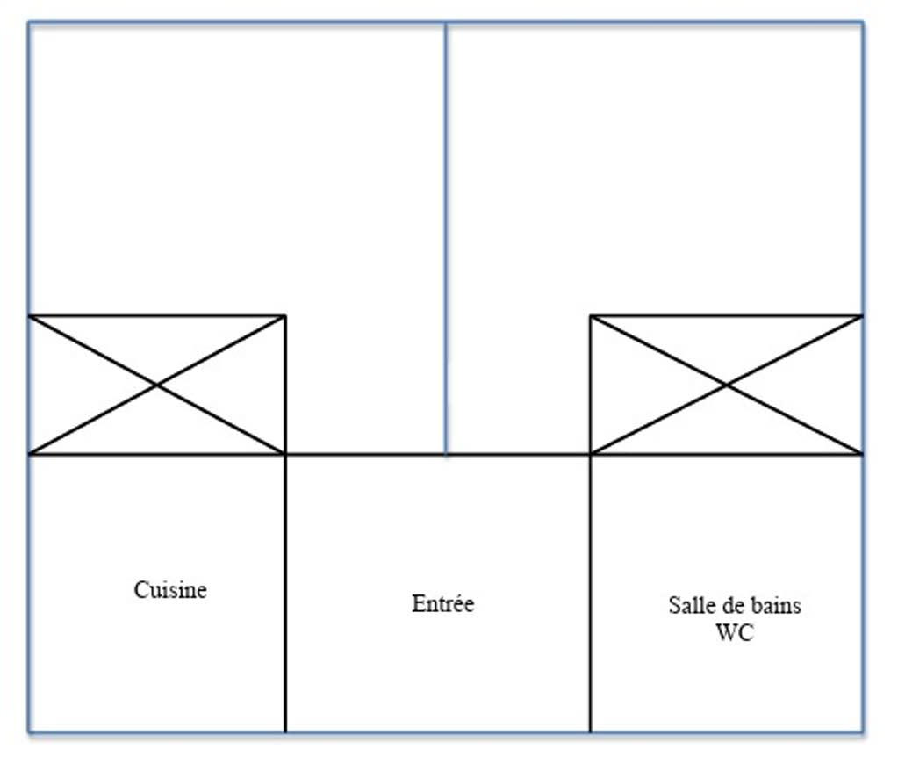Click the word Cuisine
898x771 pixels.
tap(170, 589)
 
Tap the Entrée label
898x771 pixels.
tap(442, 604)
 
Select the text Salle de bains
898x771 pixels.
tap(734, 605)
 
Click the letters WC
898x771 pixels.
tap(734, 632)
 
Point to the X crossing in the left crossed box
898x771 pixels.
tap(157, 385)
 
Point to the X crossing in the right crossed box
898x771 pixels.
tap(727, 385)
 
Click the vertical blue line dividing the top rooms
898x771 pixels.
tap(445, 237)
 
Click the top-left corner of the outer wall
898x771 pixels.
tap(29, 23)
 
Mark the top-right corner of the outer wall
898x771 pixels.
tap(863, 23)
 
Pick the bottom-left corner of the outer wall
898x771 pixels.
tap(29, 731)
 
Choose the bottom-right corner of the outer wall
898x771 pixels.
tap(863, 731)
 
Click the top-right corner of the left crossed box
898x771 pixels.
tap(285, 315)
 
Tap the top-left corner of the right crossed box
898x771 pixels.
tap(591, 315)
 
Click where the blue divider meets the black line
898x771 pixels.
tap(445, 454)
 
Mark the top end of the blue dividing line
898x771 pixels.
tap(445, 24)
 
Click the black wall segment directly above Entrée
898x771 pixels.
tap(369, 454)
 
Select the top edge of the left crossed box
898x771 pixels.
tap(157, 315)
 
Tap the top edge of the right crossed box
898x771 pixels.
tap(727, 315)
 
